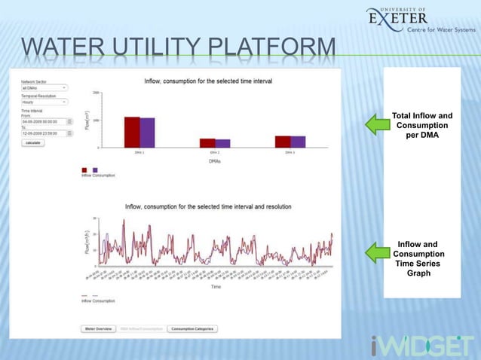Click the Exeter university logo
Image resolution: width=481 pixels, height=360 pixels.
click(x=420, y=20)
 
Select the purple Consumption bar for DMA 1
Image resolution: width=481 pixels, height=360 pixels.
click(x=147, y=133)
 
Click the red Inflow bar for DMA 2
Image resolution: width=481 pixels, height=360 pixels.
click(x=207, y=142)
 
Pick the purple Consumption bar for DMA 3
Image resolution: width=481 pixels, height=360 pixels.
click(x=298, y=142)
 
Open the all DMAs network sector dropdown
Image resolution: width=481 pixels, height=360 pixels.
click(x=44, y=87)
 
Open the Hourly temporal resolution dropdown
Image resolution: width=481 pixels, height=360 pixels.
click(x=44, y=102)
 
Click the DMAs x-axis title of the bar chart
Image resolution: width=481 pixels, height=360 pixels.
click(x=215, y=161)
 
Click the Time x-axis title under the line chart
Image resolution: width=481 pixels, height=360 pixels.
click(x=216, y=287)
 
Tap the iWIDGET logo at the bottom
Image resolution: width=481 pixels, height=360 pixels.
click(x=422, y=346)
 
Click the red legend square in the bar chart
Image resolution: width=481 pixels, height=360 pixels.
click(x=84, y=169)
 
